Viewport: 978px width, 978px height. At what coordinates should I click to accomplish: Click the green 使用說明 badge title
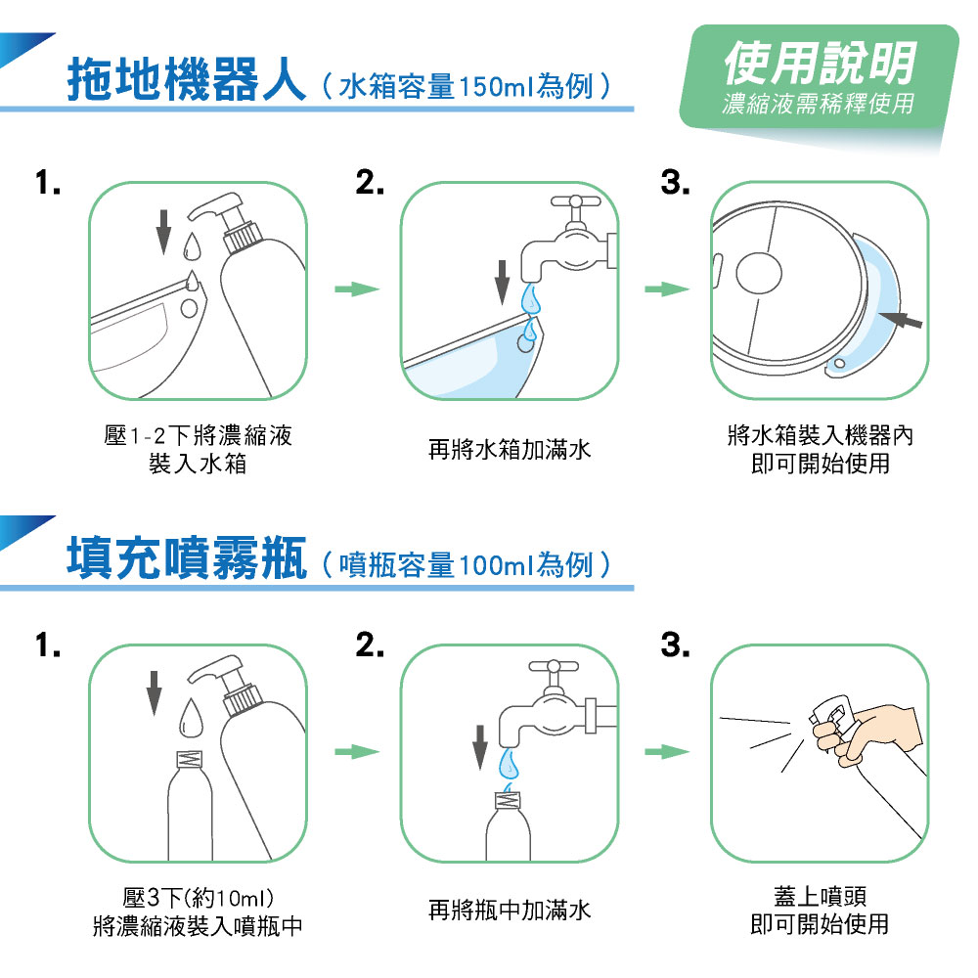tap(821, 63)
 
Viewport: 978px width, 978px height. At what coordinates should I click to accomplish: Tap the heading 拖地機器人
tap(187, 79)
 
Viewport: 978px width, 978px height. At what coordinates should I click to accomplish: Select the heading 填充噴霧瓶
tap(187, 557)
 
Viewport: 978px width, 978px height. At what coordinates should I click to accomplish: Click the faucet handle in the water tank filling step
tap(576, 201)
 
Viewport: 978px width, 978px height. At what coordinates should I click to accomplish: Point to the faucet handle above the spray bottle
tap(554, 666)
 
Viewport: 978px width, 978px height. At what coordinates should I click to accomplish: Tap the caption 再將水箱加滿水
tap(510, 450)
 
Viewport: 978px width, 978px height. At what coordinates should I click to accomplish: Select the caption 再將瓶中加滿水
tap(510, 910)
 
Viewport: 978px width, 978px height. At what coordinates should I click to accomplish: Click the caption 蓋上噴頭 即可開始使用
tap(821, 910)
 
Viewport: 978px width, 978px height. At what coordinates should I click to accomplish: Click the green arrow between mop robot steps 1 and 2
tap(357, 289)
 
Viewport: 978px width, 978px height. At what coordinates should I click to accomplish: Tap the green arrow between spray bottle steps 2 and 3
tap(667, 751)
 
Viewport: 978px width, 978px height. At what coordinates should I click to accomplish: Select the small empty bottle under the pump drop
tap(191, 806)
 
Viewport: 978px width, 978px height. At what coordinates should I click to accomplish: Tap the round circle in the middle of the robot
tap(759, 273)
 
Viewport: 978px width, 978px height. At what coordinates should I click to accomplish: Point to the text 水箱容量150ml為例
tap(466, 86)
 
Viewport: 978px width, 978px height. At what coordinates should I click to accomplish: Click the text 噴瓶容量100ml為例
tap(466, 565)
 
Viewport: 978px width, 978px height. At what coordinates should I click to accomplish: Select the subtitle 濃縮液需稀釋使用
tap(819, 104)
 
